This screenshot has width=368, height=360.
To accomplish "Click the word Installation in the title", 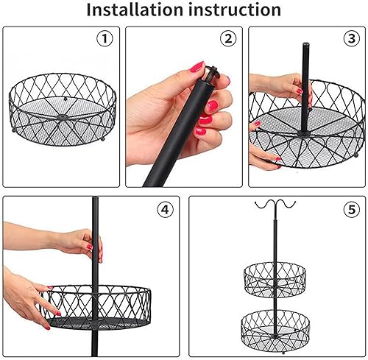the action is click(x=135, y=10).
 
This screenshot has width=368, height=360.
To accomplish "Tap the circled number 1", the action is click(x=105, y=39).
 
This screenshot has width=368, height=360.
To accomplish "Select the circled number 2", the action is click(x=228, y=39).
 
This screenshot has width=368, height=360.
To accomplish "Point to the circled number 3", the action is click(x=352, y=39).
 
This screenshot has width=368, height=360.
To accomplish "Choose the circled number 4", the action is click(x=166, y=210).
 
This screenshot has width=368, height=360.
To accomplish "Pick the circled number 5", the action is click(x=352, y=210).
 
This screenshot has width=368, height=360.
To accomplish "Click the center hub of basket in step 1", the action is click(x=62, y=116).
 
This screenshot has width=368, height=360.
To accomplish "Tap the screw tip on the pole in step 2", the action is click(x=211, y=72).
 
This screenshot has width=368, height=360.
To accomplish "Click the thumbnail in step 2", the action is click(x=197, y=66).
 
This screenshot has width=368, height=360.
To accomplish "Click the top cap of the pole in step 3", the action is click(x=305, y=45).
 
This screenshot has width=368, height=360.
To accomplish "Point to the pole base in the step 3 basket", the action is click(x=304, y=134).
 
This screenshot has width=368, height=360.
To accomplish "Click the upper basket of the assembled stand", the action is click(x=275, y=280).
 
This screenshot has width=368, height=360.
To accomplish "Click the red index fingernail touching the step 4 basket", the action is click(x=58, y=314).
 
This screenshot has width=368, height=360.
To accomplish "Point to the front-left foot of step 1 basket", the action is click(x=14, y=130).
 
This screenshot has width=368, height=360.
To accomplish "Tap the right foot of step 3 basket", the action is click(x=355, y=155).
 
